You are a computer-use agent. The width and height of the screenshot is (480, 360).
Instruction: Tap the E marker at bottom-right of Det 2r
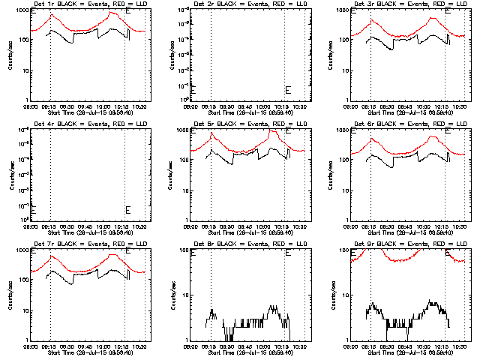[x=288, y=89]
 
